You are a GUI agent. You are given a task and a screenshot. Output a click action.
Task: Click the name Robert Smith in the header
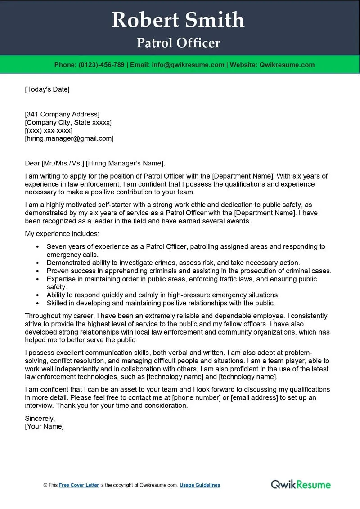click(x=178, y=20)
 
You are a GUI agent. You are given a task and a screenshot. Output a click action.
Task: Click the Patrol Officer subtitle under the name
click(x=178, y=43)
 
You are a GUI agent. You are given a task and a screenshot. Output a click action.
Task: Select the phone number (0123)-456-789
click(x=101, y=65)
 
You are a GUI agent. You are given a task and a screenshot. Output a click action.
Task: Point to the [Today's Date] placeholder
click(x=47, y=89)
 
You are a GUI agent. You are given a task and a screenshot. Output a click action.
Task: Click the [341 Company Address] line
click(x=62, y=114)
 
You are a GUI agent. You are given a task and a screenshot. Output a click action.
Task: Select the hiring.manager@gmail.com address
click(x=69, y=138)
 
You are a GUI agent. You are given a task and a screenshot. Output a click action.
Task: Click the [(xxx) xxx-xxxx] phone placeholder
click(x=49, y=130)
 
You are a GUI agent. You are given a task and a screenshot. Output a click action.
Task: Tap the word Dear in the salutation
click(x=32, y=163)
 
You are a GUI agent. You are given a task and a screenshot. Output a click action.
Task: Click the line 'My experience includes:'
click(x=62, y=234)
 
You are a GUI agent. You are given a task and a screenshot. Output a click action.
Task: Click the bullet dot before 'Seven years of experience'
click(x=37, y=247)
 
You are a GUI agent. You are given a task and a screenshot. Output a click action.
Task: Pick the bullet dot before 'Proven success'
click(x=37, y=271)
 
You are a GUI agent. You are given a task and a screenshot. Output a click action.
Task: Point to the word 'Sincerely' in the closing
click(x=40, y=418)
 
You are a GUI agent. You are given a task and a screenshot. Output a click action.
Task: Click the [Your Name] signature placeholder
click(x=44, y=426)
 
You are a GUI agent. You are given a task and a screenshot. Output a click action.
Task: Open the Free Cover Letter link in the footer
click(x=79, y=485)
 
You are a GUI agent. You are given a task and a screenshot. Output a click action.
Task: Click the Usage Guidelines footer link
click(x=200, y=485)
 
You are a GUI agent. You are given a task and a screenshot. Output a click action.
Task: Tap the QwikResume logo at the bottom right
click(x=301, y=484)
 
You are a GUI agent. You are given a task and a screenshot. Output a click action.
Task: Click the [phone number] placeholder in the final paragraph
click(x=194, y=397)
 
